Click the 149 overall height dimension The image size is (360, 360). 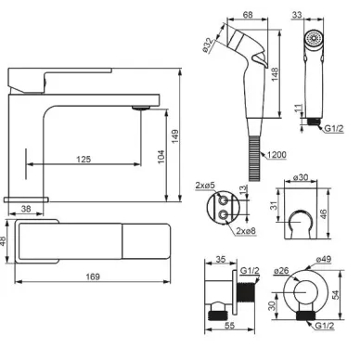coord(175,136)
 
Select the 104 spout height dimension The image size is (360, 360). coord(161,157)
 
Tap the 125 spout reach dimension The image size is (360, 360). coord(84,159)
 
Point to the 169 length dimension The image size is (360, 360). coord(93,276)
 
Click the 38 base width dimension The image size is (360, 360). coord(26,209)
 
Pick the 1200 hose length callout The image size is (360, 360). coord(276,154)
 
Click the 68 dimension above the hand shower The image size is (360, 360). coord(248,14)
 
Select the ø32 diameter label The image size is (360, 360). coord(207,45)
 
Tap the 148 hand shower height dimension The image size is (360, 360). coord(275,74)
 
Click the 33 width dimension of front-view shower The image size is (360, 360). coord(297,15)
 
